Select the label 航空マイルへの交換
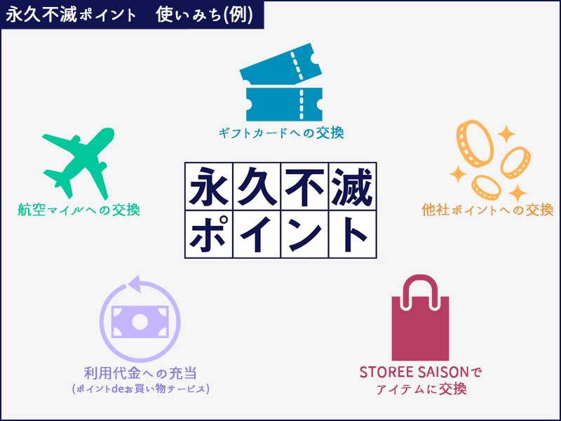point(79,209)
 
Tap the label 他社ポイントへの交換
point(487,209)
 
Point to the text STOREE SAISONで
point(421,370)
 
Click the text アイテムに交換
point(421,388)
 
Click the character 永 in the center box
point(210,187)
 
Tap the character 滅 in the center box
point(351,187)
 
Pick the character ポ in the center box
point(210,234)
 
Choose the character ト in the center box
point(351,234)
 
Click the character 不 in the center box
point(304,187)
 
